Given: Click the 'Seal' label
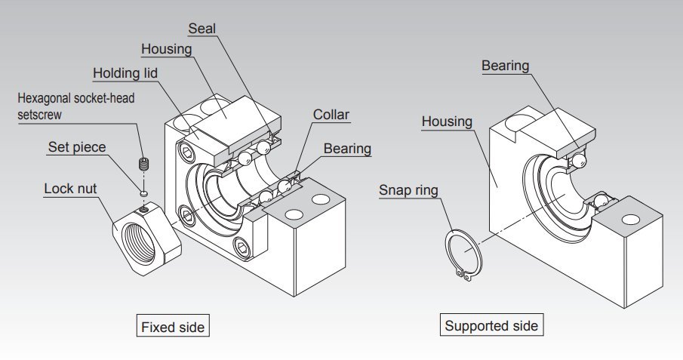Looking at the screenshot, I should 202,29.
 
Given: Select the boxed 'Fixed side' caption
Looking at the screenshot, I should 173,327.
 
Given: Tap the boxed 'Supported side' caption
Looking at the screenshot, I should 491,326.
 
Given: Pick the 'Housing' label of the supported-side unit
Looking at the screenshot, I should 447,121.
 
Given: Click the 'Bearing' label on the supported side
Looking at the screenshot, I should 506,66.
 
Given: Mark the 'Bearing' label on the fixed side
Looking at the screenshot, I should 347,148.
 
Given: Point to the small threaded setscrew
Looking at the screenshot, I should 143,163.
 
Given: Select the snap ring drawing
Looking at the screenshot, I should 461,256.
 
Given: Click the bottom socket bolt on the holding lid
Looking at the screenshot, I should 243,246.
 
